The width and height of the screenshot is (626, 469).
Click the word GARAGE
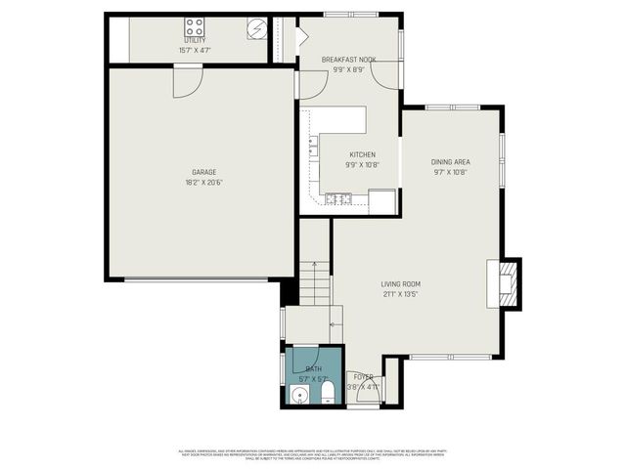tap(203, 172)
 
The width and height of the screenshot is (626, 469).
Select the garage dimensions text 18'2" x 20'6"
tap(203, 182)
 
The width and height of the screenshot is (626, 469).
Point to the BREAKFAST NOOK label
tap(348, 60)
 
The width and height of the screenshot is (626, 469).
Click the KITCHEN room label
tap(362, 154)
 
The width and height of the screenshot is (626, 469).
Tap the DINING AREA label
tap(450, 162)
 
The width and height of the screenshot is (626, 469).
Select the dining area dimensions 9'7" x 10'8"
tap(450, 172)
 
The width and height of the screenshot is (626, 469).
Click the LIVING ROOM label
tap(401, 284)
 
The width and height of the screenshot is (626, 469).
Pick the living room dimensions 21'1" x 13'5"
tap(401, 294)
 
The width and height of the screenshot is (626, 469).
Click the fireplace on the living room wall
tap(508, 282)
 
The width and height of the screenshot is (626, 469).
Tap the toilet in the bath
tap(327, 393)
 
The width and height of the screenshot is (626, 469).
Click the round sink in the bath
tap(299, 396)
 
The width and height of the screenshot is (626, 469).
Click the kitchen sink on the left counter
tap(312, 148)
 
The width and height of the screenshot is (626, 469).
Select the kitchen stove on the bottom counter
tap(338, 199)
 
